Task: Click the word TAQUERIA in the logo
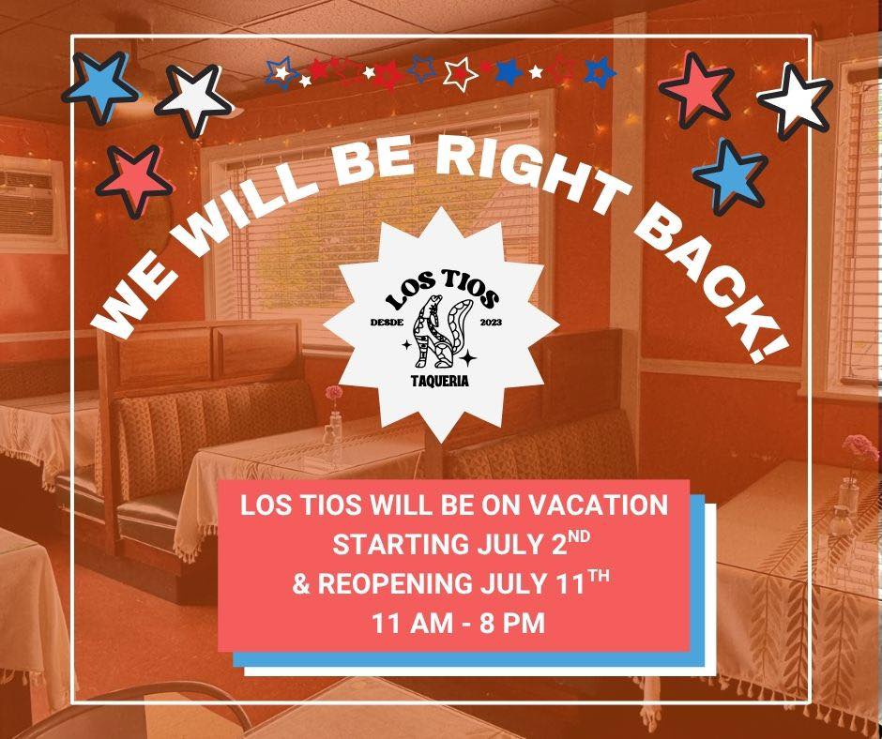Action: pos(440,381)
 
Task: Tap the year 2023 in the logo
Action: pos(491,323)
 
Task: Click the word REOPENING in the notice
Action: pos(395,583)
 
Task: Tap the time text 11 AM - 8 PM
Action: pos(459,623)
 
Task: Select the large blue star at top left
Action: pos(100,86)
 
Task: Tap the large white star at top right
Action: pos(794,100)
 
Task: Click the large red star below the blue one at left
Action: pos(134,180)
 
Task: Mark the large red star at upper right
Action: pos(696,89)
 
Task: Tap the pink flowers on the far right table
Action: pos(860,448)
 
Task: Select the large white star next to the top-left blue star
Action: pos(194,99)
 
